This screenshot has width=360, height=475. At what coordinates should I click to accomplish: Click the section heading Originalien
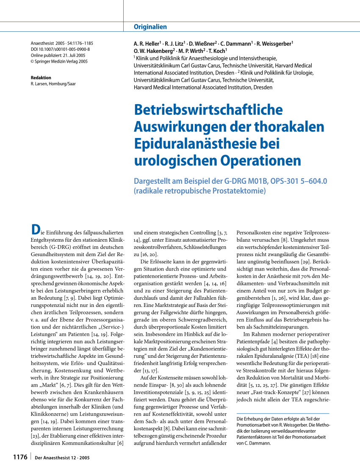(150, 27)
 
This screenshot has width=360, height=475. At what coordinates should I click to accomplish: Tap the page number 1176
(20, 457)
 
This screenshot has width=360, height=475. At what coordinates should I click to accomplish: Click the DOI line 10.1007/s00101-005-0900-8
(60, 49)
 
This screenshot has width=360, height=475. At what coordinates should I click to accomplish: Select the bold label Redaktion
(41, 78)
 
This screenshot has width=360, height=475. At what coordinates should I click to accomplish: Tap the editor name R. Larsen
(43, 84)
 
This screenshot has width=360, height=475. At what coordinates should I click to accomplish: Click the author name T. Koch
(218, 51)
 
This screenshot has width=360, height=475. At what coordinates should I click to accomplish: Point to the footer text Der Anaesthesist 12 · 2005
(62, 458)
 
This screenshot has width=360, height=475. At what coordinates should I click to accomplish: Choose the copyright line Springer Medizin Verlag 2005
(61, 61)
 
